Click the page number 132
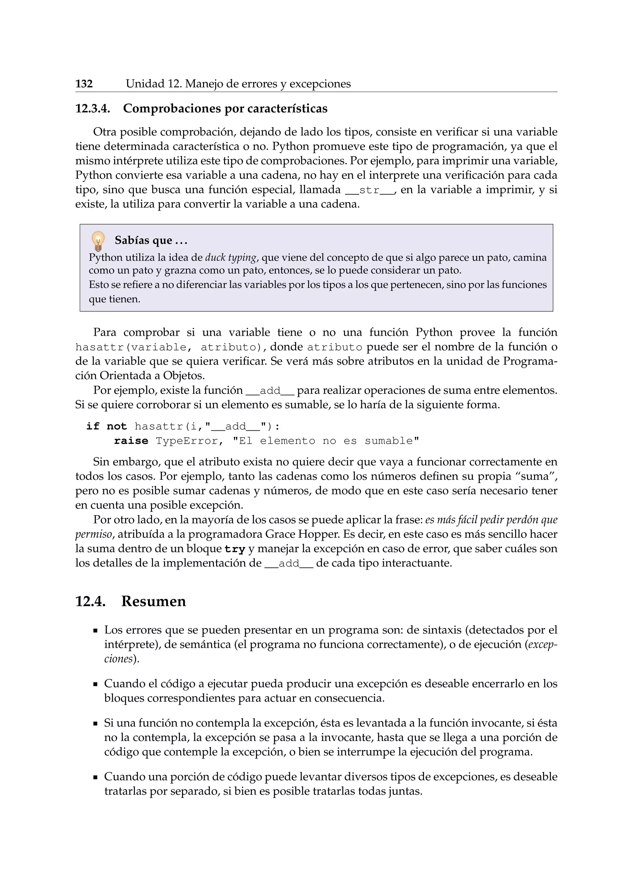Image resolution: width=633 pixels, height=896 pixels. [84, 84]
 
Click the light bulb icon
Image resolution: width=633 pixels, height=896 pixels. [98, 241]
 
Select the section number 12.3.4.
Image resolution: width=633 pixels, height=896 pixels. [93, 109]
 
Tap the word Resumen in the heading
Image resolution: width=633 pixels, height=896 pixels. [154, 601]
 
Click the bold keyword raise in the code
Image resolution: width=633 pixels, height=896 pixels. [131, 441]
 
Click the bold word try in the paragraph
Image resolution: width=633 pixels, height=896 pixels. [235, 549]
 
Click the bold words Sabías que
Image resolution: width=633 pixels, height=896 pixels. [143, 240]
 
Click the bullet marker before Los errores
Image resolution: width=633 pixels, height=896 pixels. [95, 631]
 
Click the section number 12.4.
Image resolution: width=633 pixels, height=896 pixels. [91, 601]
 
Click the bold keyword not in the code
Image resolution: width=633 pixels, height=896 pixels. [117, 427]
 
